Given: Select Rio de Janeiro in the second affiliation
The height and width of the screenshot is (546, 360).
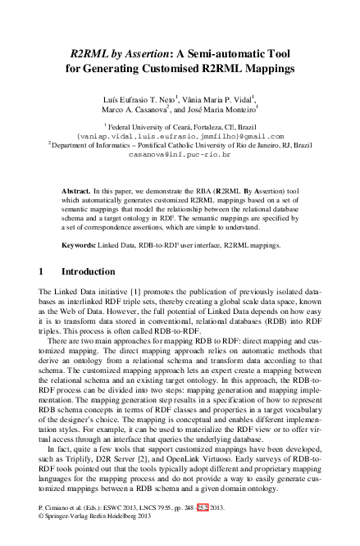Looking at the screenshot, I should coord(257,146).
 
